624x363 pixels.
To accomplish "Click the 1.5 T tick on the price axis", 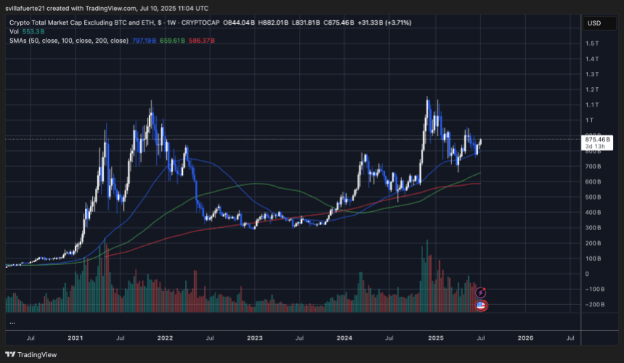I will coord(594,44).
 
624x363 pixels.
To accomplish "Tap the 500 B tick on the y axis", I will coord(594,197).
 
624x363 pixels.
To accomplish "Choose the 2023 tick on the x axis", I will coord(254,338).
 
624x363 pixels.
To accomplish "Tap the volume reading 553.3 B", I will coord(33,31).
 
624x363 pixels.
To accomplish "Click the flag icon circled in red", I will coord(480,306).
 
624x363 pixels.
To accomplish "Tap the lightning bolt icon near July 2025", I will coord(480,293).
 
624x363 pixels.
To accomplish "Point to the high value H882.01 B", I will coord(279,23).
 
